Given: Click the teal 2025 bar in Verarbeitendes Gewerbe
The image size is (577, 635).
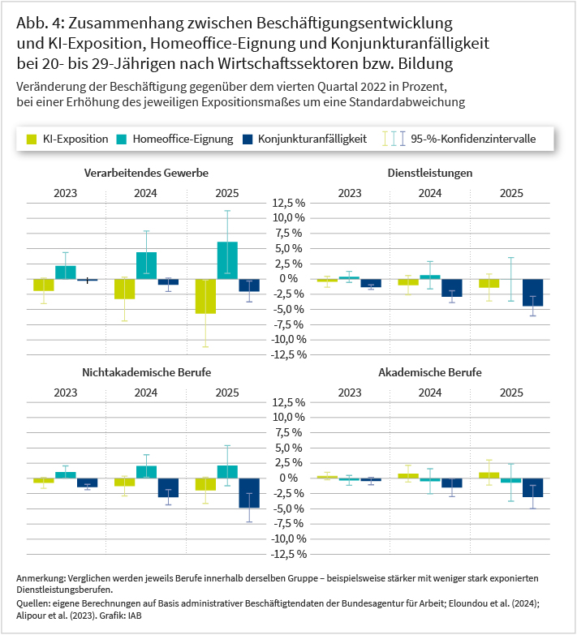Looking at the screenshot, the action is tap(227, 260).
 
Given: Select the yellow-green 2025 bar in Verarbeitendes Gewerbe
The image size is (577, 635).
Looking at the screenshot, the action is tap(205, 297).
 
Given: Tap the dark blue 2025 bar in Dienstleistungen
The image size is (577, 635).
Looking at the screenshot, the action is tap(533, 293).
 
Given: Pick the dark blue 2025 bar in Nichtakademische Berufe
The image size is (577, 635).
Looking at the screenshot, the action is tap(249, 493).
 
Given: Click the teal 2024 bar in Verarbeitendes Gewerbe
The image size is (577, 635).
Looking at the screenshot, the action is tap(146, 266).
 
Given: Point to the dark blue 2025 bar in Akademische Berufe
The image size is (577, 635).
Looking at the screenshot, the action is tap(533, 487).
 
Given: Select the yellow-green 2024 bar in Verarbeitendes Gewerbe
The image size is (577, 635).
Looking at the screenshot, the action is tap(124, 290).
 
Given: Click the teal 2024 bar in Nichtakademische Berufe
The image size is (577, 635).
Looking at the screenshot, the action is tap(146, 472).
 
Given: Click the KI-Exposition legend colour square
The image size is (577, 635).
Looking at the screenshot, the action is tap(32, 139).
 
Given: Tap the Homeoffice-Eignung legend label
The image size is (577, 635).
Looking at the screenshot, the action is tap(183, 139).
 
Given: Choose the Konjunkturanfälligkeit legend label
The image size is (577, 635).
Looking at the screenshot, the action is tap(312, 139).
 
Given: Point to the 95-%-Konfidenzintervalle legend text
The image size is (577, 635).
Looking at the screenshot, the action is tap(473, 139).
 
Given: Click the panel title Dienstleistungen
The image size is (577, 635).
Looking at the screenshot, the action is tap(430, 173).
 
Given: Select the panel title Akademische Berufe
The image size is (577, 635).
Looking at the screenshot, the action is tap(430, 372).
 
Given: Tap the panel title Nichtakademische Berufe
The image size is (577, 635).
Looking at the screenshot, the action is tap(147, 372).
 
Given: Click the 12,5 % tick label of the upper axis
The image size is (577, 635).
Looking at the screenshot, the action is tap(289, 203).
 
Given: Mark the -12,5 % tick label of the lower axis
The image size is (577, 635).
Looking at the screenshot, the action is tap(289, 554).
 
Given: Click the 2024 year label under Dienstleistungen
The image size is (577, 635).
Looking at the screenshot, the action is tap(430, 193).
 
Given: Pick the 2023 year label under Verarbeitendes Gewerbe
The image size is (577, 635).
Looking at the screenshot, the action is tap(65, 193).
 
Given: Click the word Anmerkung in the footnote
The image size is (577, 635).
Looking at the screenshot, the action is tap(41, 578).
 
